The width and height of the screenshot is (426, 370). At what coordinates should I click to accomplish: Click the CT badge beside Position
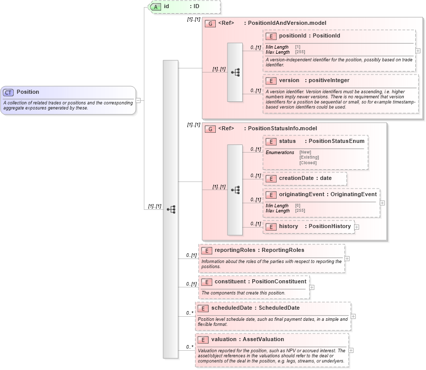pyautogui.click(x=8, y=92)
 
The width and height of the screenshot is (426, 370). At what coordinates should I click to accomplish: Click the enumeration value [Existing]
pyautogui.click(x=309, y=157)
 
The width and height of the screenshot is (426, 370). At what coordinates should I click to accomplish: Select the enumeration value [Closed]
pyautogui.click(x=307, y=163)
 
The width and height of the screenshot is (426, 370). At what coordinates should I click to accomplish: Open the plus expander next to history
pyautogui.click(x=357, y=227)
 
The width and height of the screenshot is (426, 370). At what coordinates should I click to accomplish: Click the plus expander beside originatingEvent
pyautogui.click(x=382, y=203)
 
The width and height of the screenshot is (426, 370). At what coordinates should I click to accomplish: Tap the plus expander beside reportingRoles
pyautogui.click(x=347, y=258)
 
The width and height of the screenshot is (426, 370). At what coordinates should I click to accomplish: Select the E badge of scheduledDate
pyautogui.click(x=203, y=308)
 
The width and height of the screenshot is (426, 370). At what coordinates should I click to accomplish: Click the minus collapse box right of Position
pyautogui.click(x=138, y=100)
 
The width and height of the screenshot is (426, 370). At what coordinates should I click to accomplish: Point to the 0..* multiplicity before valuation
pyautogui.click(x=190, y=347)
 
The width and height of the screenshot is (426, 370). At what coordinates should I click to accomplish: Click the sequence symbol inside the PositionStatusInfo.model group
pyautogui.click(x=235, y=190)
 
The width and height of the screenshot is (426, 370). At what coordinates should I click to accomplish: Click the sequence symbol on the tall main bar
pyautogui.click(x=171, y=209)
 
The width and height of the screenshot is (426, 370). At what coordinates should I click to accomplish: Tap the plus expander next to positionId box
pyautogui.click(x=417, y=51)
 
